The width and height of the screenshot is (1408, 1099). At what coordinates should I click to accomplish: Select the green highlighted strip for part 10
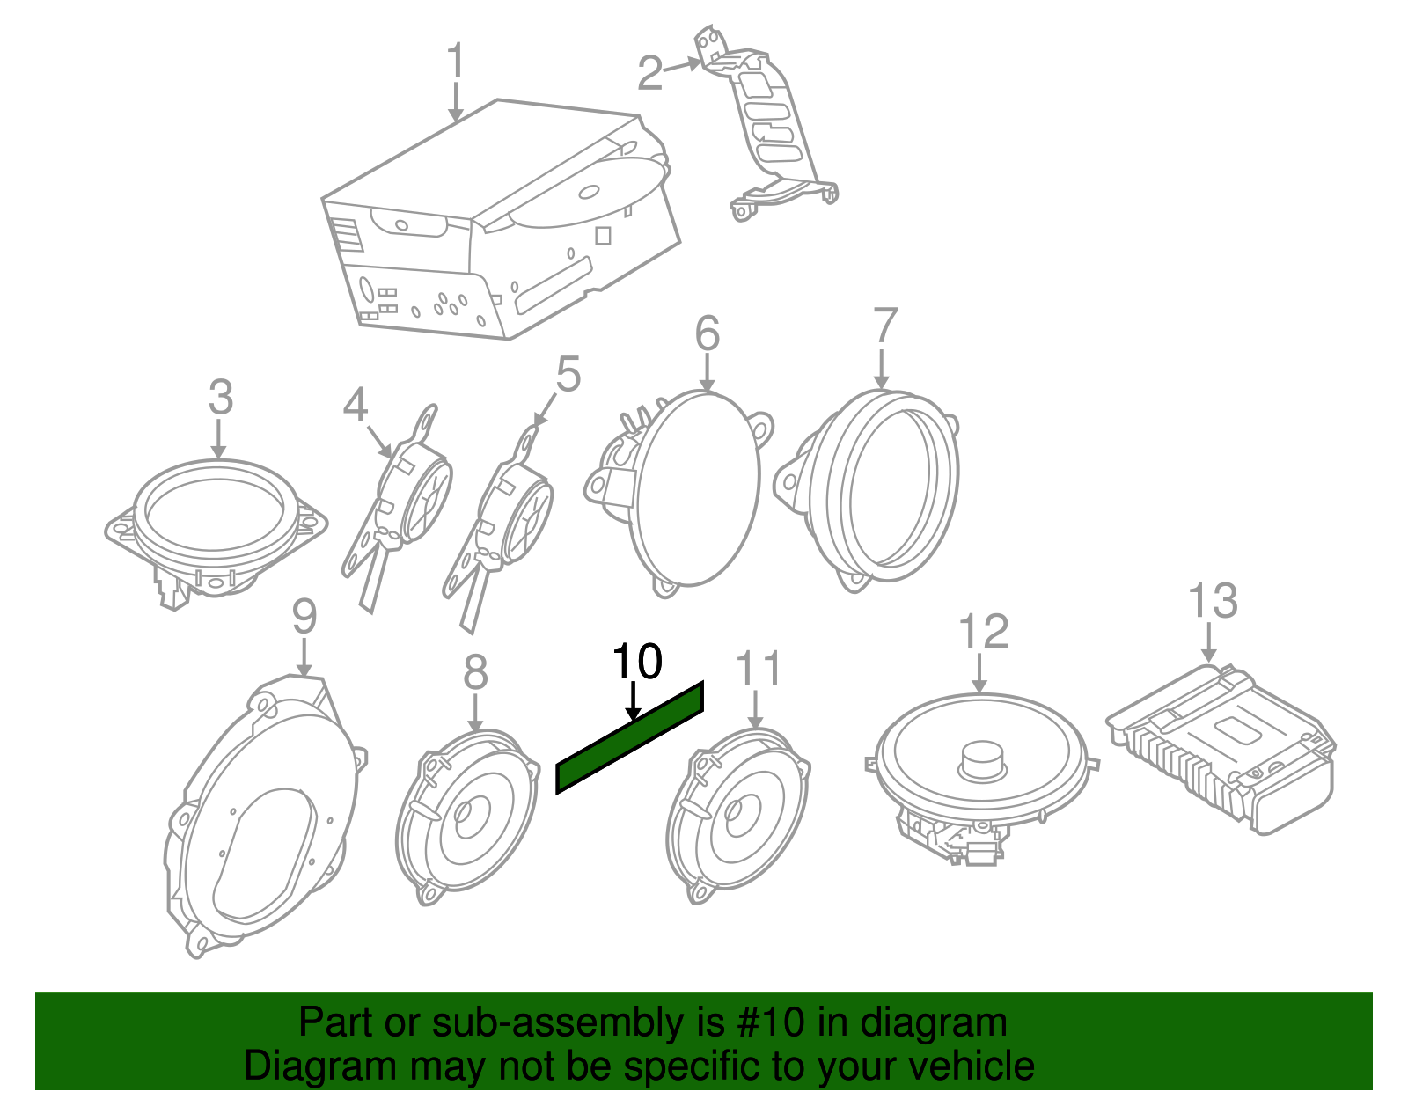pyautogui.click(x=630, y=737)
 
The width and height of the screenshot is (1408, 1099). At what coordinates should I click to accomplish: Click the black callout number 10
pyautogui.click(x=636, y=662)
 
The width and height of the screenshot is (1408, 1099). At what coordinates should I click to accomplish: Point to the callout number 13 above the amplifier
pyautogui.click(x=1213, y=601)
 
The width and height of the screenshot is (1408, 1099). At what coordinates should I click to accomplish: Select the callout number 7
pyautogui.click(x=884, y=326)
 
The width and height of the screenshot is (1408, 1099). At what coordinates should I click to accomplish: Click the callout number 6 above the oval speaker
pyautogui.click(x=707, y=333)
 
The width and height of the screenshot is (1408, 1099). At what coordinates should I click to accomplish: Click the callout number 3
pyautogui.click(x=220, y=397)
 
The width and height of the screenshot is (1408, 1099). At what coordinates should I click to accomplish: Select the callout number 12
pyautogui.click(x=982, y=632)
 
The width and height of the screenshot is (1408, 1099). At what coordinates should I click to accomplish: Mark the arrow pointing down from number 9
pyautogui.click(x=304, y=657)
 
